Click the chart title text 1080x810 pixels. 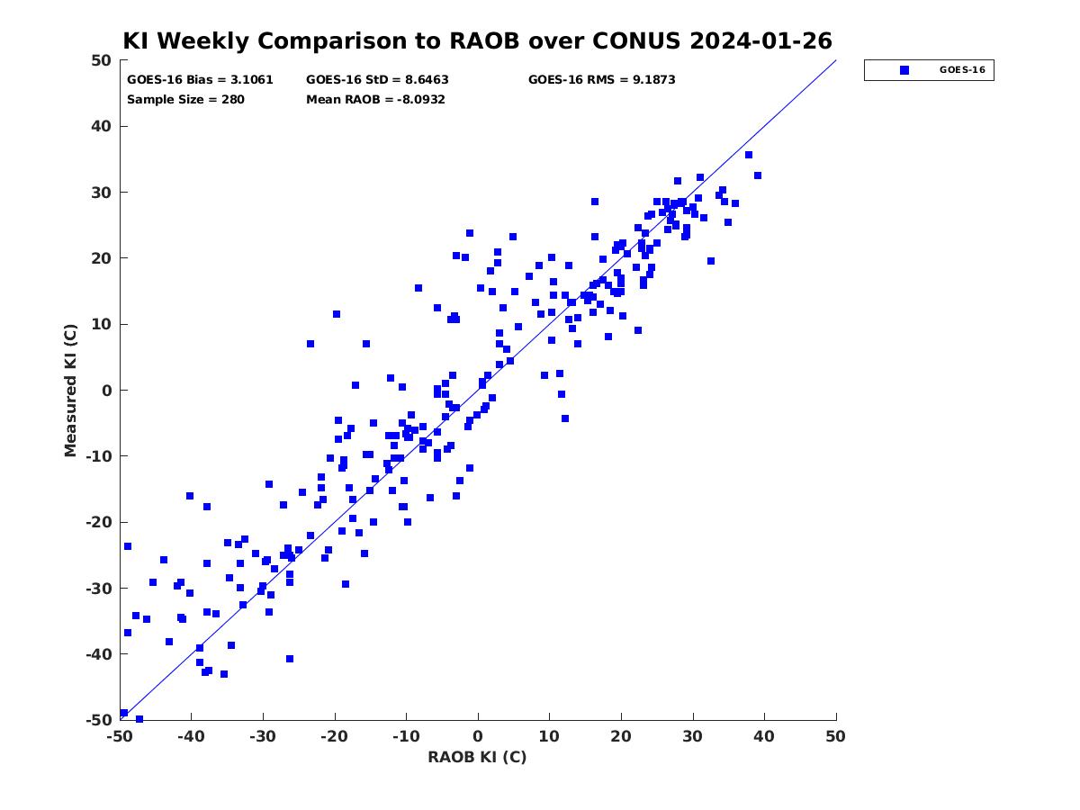(x=477, y=40)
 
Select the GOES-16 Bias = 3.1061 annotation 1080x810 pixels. (x=200, y=80)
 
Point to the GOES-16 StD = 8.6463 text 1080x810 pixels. (x=377, y=80)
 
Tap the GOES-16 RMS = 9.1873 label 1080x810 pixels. (x=601, y=80)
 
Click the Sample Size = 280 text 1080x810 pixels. (x=185, y=99)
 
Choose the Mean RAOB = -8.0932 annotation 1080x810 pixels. (x=375, y=99)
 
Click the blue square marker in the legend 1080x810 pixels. (x=904, y=70)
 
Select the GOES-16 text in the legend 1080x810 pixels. (x=962, y=70)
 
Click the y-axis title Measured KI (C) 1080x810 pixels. (x=70, y=390)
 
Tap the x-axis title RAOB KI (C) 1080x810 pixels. (x=477, y=757)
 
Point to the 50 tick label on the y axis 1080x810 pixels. (x=102, y=60)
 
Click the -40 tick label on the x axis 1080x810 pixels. (x=192, y=736)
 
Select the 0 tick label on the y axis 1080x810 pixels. (x=107, y=391)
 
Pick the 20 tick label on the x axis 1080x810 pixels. (x=621, y=736)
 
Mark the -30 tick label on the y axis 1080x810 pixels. (x=99, y=589)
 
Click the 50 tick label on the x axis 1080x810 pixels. (x=835, y=736)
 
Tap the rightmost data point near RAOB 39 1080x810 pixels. (x=757, y=175)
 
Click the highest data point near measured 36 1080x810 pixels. (x=749, y=155)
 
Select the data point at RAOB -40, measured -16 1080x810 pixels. (x=189, y=496)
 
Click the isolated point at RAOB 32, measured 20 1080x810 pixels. (x=710, y=261)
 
